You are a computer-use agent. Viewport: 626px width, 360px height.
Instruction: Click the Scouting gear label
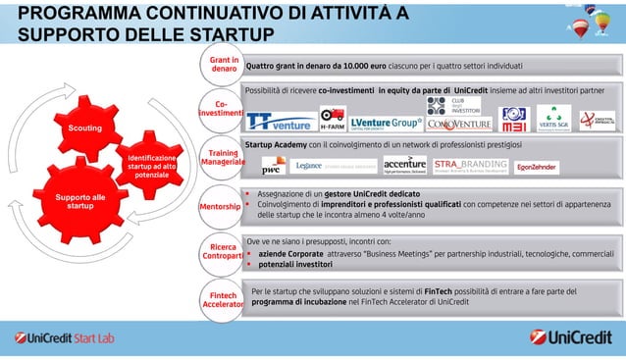click(83, 129)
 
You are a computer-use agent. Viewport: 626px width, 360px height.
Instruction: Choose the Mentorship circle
click(221, 208)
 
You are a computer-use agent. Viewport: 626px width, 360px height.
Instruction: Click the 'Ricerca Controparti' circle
click(221, 250)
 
